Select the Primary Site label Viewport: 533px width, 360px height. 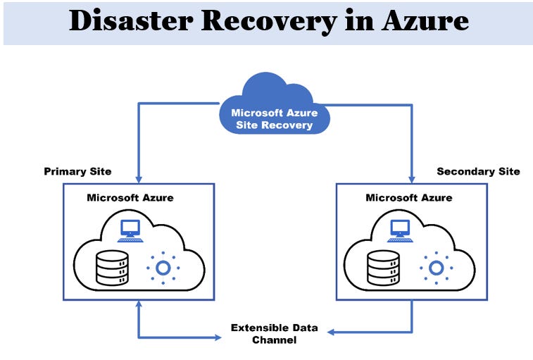click(x=77, y=171)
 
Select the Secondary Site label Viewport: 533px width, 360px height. click(x=478, y=171)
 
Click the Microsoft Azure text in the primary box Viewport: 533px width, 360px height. click(x=130, y=197)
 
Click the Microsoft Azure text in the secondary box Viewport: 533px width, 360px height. click(x=408, y=197)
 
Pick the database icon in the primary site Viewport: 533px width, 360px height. click(x=112, y=266)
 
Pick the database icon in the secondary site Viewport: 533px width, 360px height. click(x=382, y=266)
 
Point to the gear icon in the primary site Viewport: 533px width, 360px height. click(x=163, y=268)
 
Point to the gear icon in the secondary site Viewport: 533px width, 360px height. click(x=436, y=268)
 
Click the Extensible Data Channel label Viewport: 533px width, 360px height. click(x=275, y=334)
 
